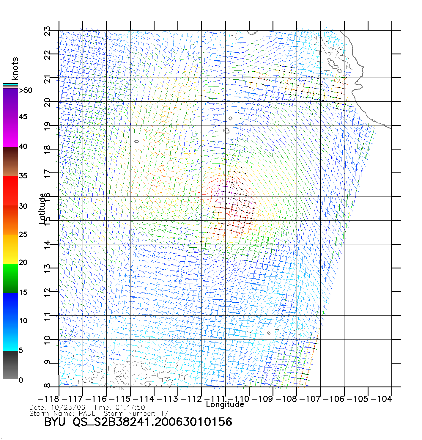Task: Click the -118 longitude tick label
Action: pyautogui.click(x=48, y=399)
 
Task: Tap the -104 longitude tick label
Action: pyautogui.click(x=381, y=399)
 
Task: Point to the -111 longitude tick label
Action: pyautogui.click(x=215, y=399)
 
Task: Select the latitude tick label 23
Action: pyautogui.click(x=48, y=31)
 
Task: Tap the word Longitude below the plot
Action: pyautogui.click(x=225, y=404)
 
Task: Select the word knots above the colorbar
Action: pyautogui.click(x=15, y=69)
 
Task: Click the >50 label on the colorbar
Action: pyautogui.click(x=26, y=90)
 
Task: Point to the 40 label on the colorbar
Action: pyautogui.click(x=23, y=146)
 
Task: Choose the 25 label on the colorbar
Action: pyautogui.click(x=23, y=234)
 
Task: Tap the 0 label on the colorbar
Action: pyautogui.click(x=21, y=380)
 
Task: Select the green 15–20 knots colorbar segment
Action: pyautogui.click(x=10, y=278)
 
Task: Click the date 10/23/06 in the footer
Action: pyautogui.click(x=68, y=407)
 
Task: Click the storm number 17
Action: pyautogui.click(x=164, y=413)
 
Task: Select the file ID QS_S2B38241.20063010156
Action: pyautogui.click(x=152, y=422)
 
